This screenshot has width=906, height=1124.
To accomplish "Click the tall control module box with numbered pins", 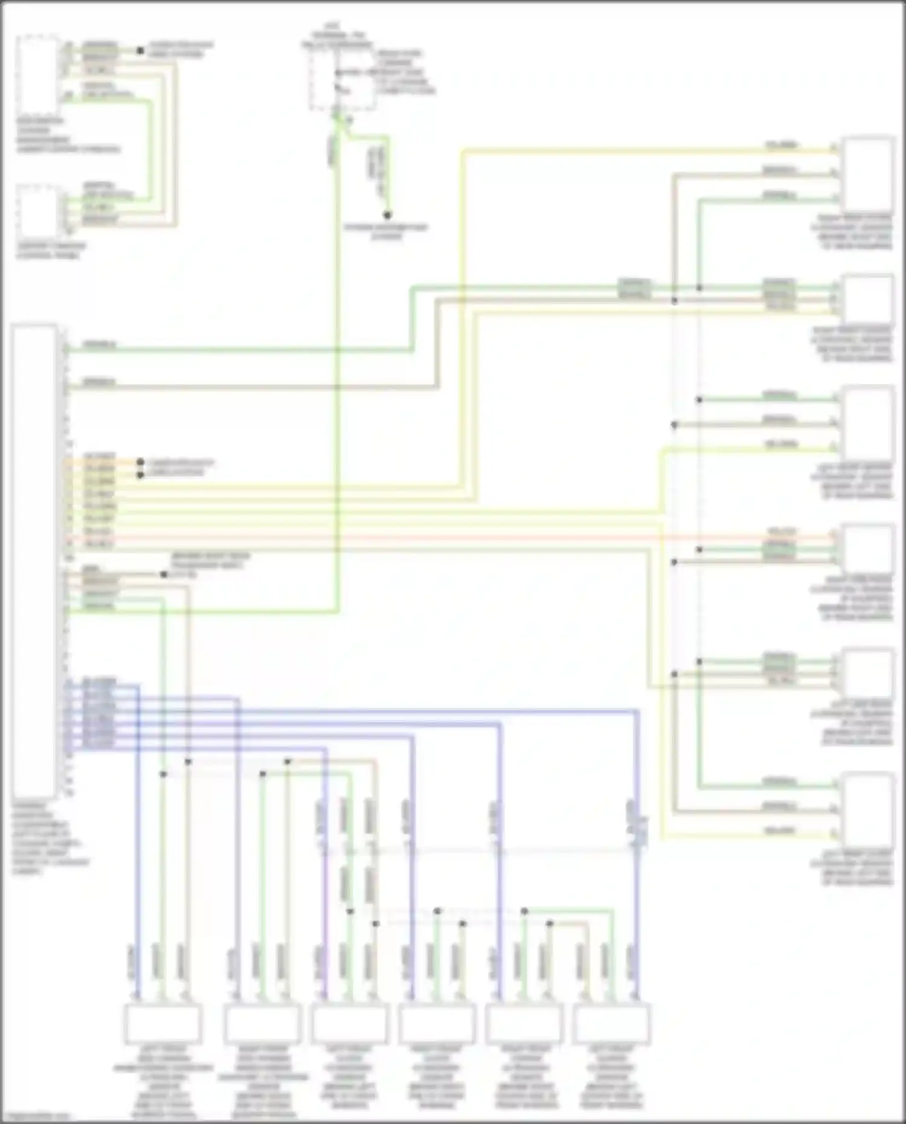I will [34, 562].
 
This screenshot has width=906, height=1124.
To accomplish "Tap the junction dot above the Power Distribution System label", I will [388, 215].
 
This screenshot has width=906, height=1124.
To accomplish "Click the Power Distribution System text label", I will [387, 232].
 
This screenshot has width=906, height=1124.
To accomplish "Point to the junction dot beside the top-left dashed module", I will [140, 51].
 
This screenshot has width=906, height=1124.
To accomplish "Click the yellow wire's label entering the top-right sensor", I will [780, 146].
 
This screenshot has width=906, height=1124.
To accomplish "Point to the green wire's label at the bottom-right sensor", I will [779, 782].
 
